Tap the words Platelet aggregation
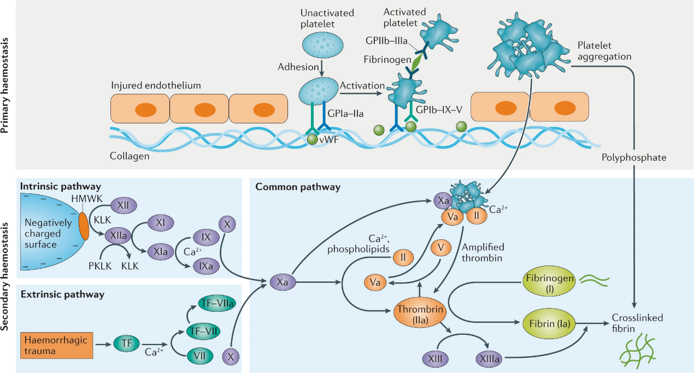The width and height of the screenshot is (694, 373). pos(604,51)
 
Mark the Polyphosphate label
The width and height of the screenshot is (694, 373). pos(634,157)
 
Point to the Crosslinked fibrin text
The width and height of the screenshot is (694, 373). pos(637,322)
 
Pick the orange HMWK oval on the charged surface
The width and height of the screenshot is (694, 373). pos(84,227)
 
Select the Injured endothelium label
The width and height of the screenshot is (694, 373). pos(156,86)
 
